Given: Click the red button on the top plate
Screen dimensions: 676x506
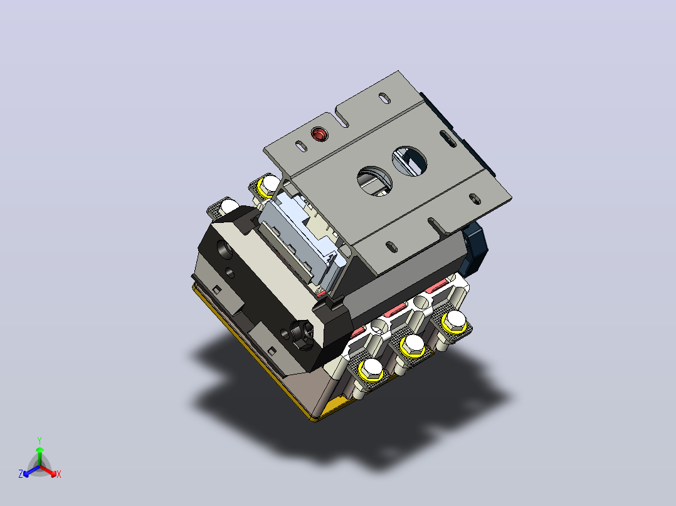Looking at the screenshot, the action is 319,135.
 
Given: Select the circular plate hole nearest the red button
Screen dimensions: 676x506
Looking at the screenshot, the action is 374,182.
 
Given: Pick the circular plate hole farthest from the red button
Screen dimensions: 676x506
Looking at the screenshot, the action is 409,162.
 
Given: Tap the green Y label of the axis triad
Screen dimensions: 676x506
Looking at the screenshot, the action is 40,440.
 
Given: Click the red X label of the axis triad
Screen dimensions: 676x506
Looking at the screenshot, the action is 59,474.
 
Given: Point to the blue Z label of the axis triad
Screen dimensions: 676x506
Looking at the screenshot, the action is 21,474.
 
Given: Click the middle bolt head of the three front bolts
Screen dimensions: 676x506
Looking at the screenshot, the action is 413,345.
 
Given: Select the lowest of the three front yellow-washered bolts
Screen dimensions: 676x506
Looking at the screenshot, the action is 371,370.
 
